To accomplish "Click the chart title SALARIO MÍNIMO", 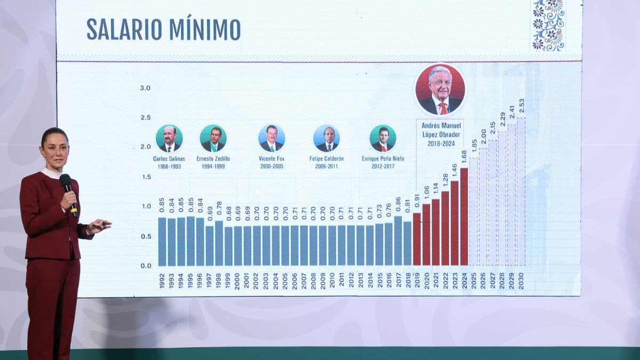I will coord(163,29).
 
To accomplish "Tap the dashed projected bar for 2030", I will coord(521,192).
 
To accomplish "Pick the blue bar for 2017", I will coord(398,241).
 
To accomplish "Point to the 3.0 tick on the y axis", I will coord(145,88).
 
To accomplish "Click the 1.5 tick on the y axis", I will coord(145,177).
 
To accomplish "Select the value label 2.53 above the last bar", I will coord(521,106).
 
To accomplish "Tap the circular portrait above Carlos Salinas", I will coord(169,139).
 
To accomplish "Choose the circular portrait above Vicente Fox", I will coord(271,139).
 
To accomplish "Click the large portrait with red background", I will coord(440,90).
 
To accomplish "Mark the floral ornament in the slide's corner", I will coord(548,25).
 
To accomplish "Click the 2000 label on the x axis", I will coord(237,281).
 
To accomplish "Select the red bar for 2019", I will coord(417,239).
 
